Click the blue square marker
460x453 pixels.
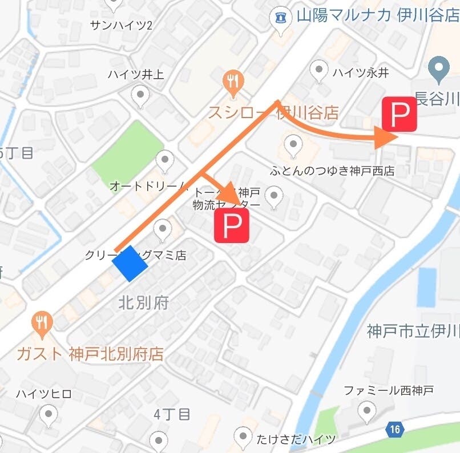130,263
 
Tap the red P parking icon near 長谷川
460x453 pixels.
399,114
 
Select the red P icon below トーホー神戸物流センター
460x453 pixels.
231,225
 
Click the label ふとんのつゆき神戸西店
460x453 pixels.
333,170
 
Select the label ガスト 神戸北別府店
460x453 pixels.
90,354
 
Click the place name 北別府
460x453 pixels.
143,302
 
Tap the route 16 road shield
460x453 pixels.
394,429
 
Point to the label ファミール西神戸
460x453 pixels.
388,391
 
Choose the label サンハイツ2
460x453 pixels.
121,25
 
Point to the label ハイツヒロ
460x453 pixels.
43,394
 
